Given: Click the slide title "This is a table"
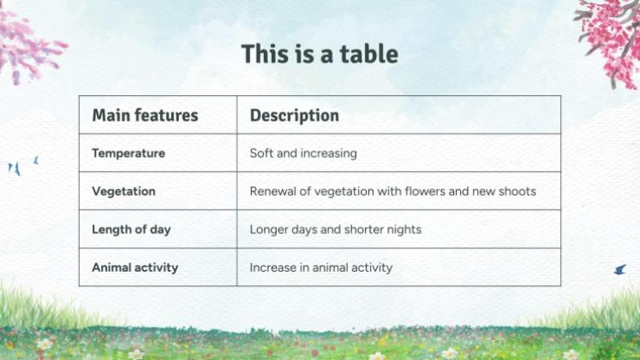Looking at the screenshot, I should pos(320,54).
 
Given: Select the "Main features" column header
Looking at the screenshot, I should pos(145,115).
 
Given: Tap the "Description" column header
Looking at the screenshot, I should pos(294,115).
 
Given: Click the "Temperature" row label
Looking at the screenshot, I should pos(129,153).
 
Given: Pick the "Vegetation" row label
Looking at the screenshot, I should pos(123,191).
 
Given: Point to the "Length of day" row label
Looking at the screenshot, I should pos(131,230).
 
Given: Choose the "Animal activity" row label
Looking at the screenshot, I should pos(135,267).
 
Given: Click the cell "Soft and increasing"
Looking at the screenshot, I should pos(303,153).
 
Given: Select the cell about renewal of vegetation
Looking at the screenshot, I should pos(392,191).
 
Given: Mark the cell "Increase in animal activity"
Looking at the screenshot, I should pos(320,267).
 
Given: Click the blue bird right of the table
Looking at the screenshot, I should pos(619,270).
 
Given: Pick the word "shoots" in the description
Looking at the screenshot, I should pos(517,191).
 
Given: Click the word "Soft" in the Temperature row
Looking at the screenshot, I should pos(261,153).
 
